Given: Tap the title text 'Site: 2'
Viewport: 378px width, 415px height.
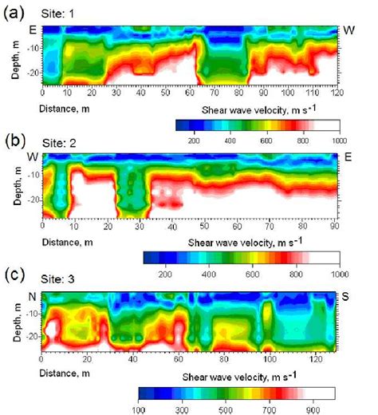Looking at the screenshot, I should pyautogui.click(x=60, y=144).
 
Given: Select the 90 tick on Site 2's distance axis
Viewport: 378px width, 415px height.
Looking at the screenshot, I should pyautogui.click(x=339, y=226).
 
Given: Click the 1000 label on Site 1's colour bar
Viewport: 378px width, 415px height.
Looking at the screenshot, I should pyautogui.click(x=348, y=137).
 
